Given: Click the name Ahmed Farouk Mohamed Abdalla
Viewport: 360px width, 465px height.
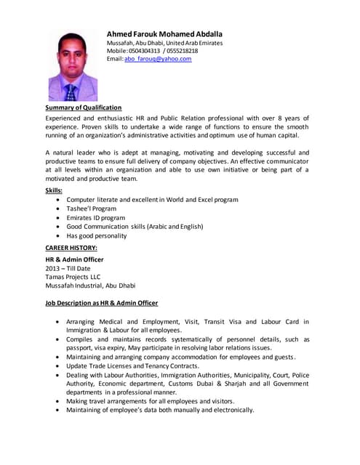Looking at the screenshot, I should coord(164,33).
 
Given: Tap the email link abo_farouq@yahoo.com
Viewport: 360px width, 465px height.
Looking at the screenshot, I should coord(158,59).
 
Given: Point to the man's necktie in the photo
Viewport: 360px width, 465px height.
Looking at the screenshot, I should coord(71,92).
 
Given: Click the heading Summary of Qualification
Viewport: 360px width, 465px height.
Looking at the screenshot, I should coord(83,108).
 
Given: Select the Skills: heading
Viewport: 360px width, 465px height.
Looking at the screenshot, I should coord(54,190).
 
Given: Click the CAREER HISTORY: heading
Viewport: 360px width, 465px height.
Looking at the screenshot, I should coord(71,248).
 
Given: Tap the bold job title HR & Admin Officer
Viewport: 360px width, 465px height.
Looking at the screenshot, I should coord(74,259).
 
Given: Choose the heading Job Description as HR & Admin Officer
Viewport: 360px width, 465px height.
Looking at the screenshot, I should coord(102,302).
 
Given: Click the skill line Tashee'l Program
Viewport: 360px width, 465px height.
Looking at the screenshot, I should coord(91,208).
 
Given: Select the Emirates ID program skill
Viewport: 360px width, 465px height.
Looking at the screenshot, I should coord(95,217).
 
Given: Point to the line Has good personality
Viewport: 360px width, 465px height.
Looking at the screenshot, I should coord(96,235).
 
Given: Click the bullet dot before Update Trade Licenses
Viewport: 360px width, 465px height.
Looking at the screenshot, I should coord(57,365).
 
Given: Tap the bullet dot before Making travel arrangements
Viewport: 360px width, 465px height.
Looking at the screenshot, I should coord(57,401).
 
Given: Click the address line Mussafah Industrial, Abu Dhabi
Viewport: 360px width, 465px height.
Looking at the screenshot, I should coord(90,285).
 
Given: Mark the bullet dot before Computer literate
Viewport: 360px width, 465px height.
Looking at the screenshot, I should coord(57,199).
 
